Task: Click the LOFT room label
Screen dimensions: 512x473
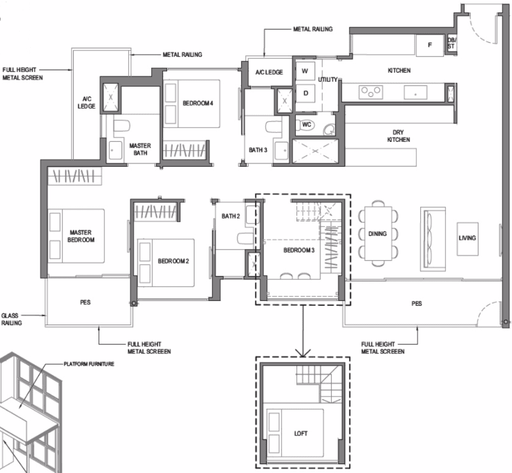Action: tap(301, 433)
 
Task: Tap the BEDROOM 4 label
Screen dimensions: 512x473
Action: tap(198, 103)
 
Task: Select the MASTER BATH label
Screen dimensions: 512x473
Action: tap(140, 149)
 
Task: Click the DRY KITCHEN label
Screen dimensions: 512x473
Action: tap(398, 136)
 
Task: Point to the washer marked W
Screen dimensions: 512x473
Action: tap(305, 71)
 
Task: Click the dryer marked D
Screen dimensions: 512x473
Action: tap(306, 93)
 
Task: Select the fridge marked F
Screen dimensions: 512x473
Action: tap(430, 45)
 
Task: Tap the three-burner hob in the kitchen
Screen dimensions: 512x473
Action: tap(371, 92)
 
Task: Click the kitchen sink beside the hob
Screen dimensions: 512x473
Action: tap(415, 92)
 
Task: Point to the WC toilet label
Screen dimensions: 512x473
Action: tap(307, 124)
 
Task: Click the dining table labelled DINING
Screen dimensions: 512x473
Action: tap(378, 233)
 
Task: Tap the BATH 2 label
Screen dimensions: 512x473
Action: tap(230, 216)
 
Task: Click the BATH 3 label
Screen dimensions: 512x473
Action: tap(258, 150)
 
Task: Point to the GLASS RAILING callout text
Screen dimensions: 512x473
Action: tap(12, 319)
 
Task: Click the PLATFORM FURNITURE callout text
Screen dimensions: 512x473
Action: tap(89, 364)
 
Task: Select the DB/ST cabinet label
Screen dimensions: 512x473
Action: tap(452, 43)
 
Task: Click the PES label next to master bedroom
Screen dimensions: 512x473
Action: tap(85, 302)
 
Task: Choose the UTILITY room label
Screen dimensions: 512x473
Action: tap(328, 79)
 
